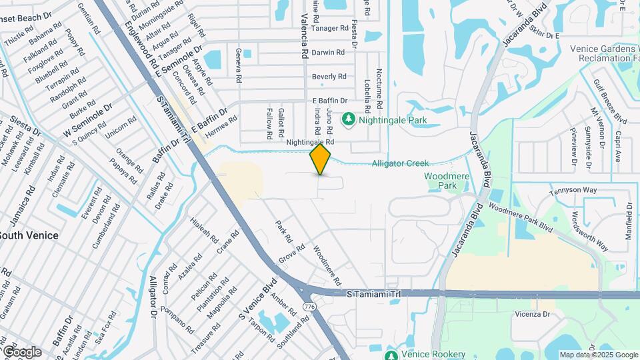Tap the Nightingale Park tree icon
click(348, 119)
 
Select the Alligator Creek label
click(400, 163)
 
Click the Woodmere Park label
click(441, 181)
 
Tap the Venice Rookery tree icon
click(391, 354)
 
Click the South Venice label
click(28, 235)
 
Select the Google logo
click(21, 352)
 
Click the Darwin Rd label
click(328, 52)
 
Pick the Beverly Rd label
click(329, 77)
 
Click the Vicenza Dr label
click(531, 313)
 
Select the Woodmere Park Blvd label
click(521, 217)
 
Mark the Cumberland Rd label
click(107, 227)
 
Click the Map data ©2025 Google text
click(598, 355)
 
